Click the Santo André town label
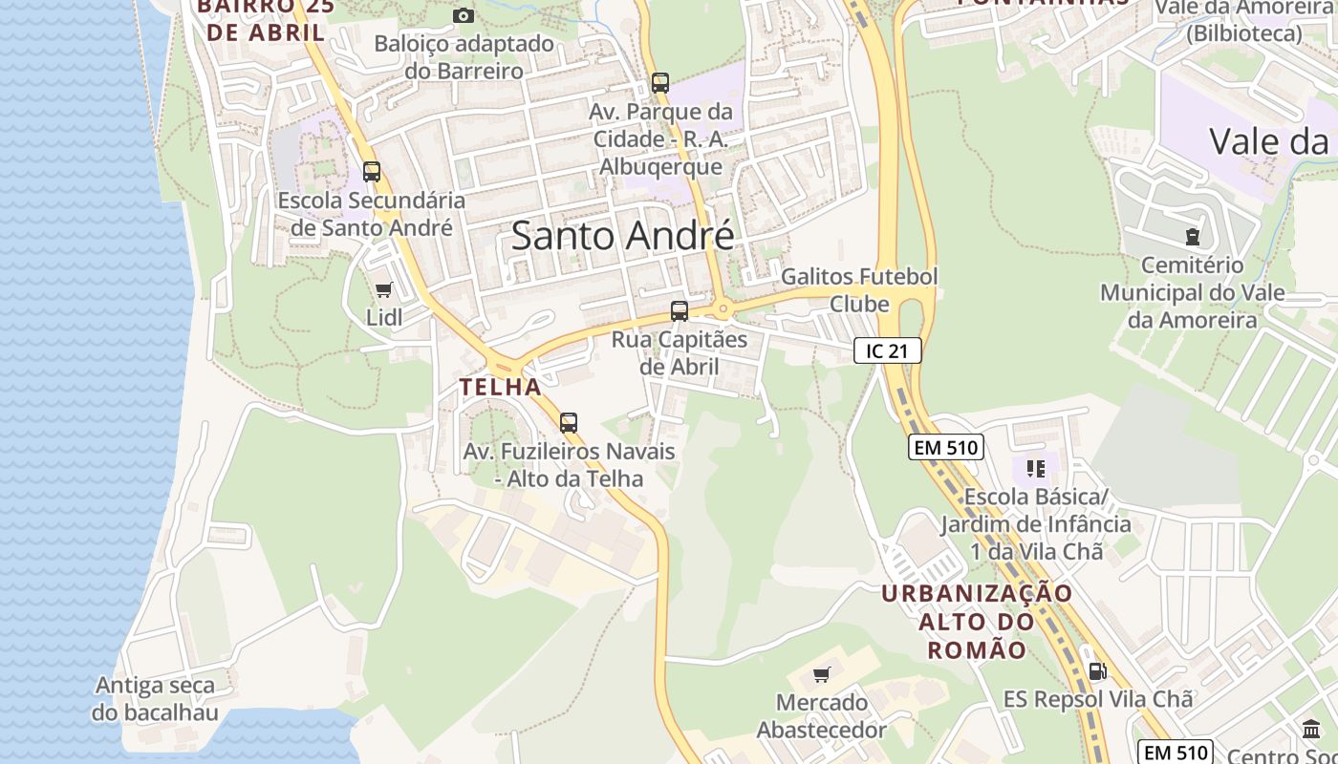point(622,235)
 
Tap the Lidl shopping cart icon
point(384,289)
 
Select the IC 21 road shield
point(887,350)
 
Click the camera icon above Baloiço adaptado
point(463,15)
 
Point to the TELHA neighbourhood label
point(500,387)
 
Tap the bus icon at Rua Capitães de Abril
point(679,310)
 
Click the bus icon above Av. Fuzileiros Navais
point(569,422)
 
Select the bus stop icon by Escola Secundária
point(372,172)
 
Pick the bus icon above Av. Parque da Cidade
point(659,82)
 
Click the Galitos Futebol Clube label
point(859,289)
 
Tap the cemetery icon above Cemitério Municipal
point(1192,235)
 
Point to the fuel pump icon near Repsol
point(1098,671)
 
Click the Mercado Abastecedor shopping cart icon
point(821,675)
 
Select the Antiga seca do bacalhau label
point(155,699)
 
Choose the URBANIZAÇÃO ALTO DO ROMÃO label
point(976,622)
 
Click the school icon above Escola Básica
point(1036,468)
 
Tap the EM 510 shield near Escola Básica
point(945,447)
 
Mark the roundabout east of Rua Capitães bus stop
point(723,308)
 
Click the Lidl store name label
point(384,317)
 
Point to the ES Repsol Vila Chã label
point(1098,699)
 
